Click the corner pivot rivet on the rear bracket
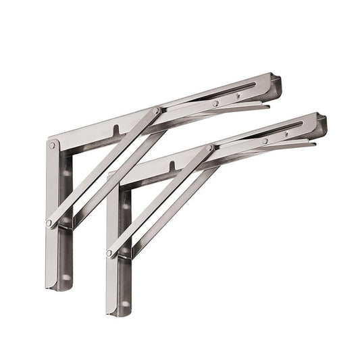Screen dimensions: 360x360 pyautogui.click(x=53, y=145)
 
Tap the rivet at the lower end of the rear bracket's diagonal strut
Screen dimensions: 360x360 pyautogui.click(x=49, y=222)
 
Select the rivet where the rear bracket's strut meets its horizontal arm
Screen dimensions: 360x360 pyautogui.click(x=157, y=110)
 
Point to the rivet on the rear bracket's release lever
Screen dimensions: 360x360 pyautogui.click(x=215, y=103)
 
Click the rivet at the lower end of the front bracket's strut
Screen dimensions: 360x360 pyautogui.click(x=109, y=253)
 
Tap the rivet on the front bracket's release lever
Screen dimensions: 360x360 pyautogui.click(x=265, y=140)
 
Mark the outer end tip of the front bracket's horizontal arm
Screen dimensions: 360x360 pyautogui.click(x=323, y=122)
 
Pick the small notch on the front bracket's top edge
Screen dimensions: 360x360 pyautogui.click(x=171, y=165)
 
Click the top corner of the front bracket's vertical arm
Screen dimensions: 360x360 pyautogui.click(x=109, y=177)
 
